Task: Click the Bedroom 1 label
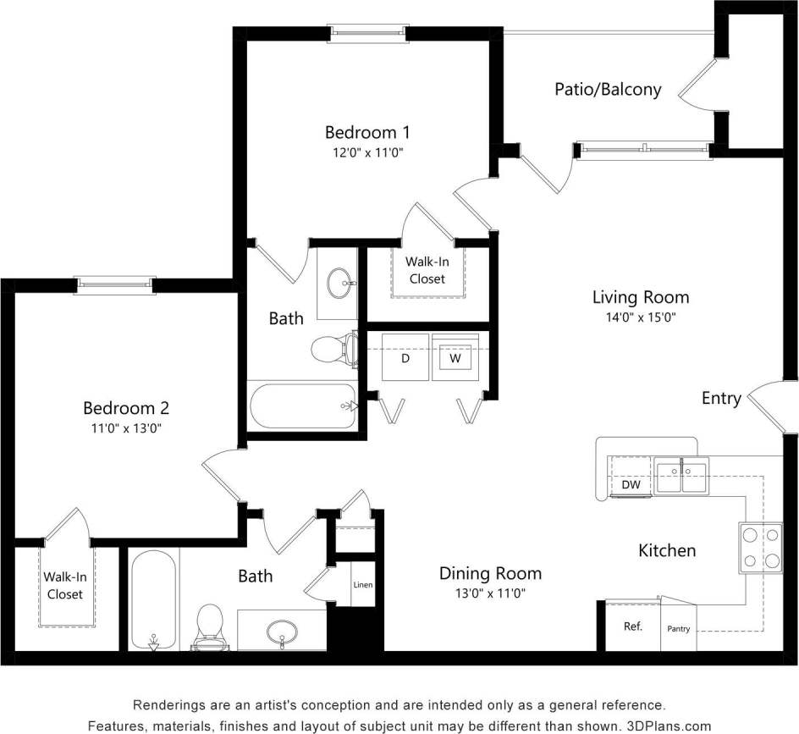point(367,132)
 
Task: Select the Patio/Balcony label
point(608,89)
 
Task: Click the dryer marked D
point(405,358)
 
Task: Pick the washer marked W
point(455,358)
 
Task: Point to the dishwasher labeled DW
point(631,485)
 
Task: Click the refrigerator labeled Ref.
point(633,626)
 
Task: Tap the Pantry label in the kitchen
point(679,629)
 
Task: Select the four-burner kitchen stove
point(760,548)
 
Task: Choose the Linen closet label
point(362,585)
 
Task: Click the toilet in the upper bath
point(332,349)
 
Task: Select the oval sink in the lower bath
point(281,631)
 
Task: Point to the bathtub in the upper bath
point(303,406)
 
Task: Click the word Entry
point(721,398)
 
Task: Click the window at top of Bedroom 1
point(368,33)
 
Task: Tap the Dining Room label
point(490,573)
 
